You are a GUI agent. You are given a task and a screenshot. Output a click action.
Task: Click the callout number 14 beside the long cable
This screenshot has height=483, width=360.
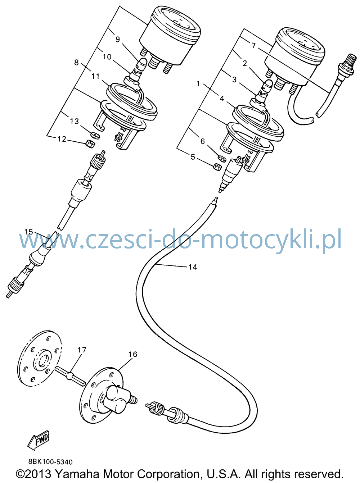tap(193, 267)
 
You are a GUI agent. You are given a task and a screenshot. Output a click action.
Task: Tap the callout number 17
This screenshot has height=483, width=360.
tap(82, 350)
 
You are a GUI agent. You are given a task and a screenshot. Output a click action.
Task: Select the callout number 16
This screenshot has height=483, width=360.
tap(132, 354)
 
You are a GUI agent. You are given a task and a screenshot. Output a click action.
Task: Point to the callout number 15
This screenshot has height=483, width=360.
tap(28, 232)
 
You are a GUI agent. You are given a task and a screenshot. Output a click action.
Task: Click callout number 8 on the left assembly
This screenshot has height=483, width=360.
tap(76, 63)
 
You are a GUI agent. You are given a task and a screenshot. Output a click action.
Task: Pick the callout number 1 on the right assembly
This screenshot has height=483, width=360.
tap(198, 84)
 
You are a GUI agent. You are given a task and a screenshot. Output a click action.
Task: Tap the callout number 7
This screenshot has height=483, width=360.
tap(253, 46)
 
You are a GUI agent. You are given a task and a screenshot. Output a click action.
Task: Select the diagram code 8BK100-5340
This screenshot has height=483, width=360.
tap(50, 461)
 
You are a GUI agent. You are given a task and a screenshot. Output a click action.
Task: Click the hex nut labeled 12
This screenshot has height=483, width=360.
tap(90, 144)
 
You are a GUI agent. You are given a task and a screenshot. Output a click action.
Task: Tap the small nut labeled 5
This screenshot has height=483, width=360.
tap(217, 167)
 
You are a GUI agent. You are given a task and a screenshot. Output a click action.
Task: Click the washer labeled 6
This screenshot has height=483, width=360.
tap(222, 157)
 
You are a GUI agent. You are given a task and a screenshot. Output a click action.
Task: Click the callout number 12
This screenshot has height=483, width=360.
tap(62, 139)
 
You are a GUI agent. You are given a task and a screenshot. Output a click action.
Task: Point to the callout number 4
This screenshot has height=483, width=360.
tap(222, 99)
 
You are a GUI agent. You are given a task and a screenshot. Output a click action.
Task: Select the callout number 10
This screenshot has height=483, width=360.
tap(107, 57)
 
